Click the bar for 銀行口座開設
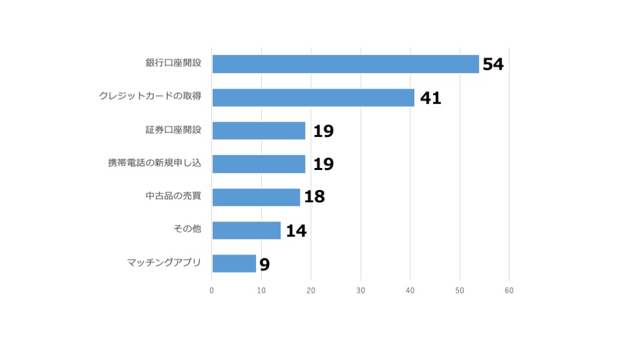[345, 64]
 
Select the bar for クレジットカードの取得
[313, 98]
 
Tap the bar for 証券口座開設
[259, 131]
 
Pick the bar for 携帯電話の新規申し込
[259, 164]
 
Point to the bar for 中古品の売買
[256, 197]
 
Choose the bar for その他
[246, 230]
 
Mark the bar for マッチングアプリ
[234, 263]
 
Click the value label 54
[493, 64]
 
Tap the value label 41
[431, 98]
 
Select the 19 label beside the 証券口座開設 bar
[323, 131]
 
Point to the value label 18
[314, 197]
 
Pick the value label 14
[296, 231]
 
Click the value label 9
[264, 264]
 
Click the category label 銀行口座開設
[173, 63]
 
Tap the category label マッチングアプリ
[164, 262]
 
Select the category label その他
[187, 229]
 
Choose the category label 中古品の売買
[173, 196]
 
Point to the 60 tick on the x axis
[509, 291]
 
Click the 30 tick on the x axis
[361, 291]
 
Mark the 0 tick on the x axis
[212, 291]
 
